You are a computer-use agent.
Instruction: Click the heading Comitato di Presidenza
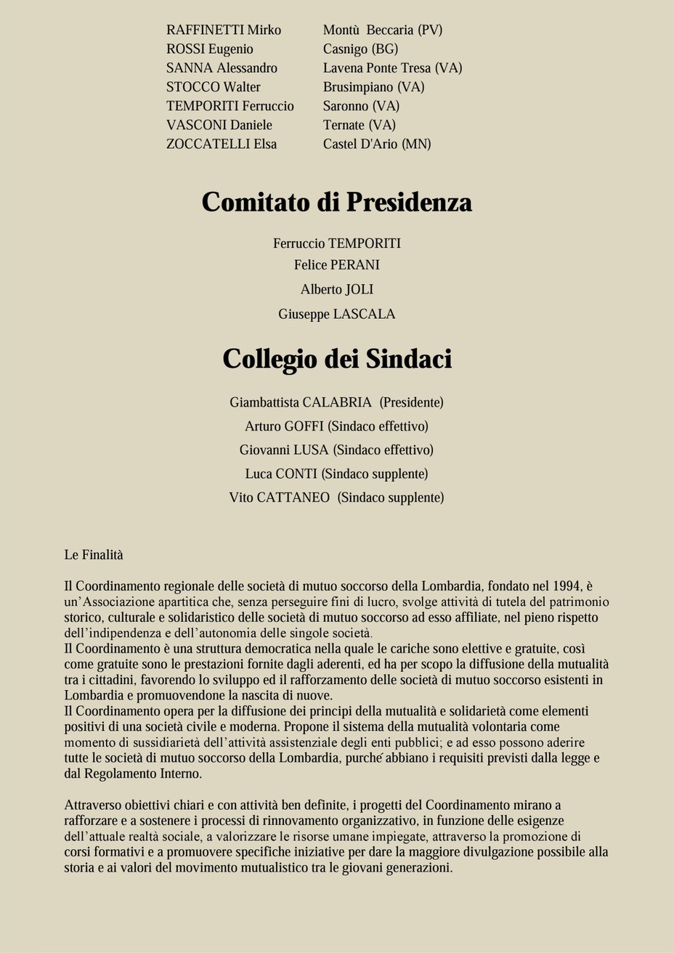(337, 202)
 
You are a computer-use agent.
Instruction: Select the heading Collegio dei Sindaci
(337, 359)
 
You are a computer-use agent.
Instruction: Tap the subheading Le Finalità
(94, 555)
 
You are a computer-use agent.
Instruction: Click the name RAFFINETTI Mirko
(224, 31)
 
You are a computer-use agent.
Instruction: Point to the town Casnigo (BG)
(360, 49)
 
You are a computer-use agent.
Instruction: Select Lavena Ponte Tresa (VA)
(392, 68)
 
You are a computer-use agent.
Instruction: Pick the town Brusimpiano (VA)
(373, 87)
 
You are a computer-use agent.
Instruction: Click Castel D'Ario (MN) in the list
(377, 144)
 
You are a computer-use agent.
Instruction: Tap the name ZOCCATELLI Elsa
(222, 144)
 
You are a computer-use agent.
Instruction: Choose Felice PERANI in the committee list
(337, 265)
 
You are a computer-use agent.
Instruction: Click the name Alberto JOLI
(337, 290)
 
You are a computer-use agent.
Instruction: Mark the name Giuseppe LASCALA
(337, 315)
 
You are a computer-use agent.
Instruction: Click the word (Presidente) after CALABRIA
(411, 402)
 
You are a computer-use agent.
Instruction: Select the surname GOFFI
(304, 426)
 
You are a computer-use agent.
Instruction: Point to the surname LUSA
(311, 450)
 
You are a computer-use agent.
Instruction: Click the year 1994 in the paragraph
(567, 586)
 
